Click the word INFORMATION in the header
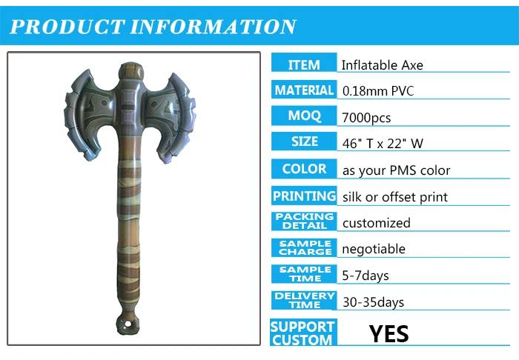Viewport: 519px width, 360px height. [214, 27]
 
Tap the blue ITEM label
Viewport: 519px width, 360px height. [304, 64]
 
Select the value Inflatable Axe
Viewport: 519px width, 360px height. [382, 65]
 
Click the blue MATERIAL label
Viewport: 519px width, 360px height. [304, 90]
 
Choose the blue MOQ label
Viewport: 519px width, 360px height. [304, 116]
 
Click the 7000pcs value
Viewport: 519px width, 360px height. [366, 118]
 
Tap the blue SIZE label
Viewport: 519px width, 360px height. [304, 141]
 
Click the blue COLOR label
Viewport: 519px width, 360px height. [304, 169]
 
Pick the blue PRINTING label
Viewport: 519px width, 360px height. [304, 196]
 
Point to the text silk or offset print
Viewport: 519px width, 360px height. [394, 197]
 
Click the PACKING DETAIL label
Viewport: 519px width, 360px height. [304, 221]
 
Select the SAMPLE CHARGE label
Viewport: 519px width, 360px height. [304, 247]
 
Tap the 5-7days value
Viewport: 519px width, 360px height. [365, 276]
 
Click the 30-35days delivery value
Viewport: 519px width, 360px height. [372, 301]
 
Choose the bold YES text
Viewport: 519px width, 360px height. [389, 333]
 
